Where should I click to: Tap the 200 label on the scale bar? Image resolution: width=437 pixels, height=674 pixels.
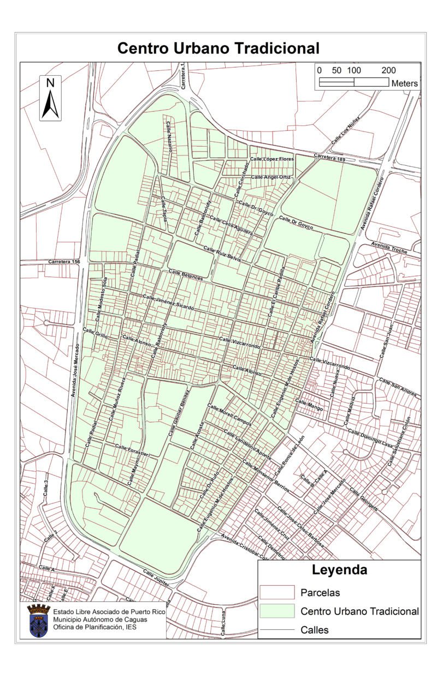click(x=388, y=70)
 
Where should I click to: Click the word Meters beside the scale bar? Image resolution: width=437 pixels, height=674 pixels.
click(x=404, y=83)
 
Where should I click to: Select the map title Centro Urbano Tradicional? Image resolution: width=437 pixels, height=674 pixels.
click(x=218, y=49)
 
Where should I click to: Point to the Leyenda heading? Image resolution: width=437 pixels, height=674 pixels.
click(x=339, y=571)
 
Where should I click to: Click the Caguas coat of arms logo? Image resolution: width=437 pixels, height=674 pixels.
click(x=39, y=621)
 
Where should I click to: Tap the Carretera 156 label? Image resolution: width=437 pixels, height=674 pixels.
click(x=64, y=262)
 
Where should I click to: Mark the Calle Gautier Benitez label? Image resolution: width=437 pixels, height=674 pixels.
click(x=180, y=412)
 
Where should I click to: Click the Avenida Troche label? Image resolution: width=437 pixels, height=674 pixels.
click(x=388, y=246)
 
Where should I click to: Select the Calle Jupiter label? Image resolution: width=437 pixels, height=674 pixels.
click(x=157, y=578)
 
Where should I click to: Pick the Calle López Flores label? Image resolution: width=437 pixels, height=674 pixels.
click(x=271, y=159)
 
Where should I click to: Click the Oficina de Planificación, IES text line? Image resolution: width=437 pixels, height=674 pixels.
click(x=95, y=627)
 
